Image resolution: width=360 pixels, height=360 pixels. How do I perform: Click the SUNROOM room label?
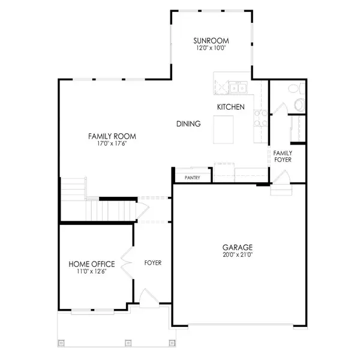point(211,41)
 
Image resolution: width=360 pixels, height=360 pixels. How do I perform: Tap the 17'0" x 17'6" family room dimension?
point(112,144)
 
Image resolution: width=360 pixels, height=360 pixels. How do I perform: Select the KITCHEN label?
point(231,107)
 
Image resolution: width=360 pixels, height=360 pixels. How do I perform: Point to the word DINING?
point(188,124)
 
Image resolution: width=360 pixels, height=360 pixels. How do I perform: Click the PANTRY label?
point(193,178)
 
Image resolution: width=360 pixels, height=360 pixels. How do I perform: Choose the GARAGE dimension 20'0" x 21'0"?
point(238,254)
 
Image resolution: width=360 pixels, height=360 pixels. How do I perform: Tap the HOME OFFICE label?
point(92,264)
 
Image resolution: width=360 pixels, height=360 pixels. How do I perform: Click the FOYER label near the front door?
point(153,263)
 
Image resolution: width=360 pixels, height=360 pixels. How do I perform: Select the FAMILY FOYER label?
point(283,157)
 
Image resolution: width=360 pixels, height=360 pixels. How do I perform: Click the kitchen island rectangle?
point(223,130)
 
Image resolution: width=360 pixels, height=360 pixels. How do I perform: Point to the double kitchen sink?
point(238,88)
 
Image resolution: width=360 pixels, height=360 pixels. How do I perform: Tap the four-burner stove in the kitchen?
point(261,118)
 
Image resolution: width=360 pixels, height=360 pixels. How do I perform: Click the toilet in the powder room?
point(299,104)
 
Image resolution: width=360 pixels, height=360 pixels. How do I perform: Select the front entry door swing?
point(149,298)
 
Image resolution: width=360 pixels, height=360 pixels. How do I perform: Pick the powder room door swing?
point(280,108)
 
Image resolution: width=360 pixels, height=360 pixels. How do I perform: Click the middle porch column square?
point(128,343)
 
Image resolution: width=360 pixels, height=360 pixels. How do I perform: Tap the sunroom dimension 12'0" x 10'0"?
point(211,48)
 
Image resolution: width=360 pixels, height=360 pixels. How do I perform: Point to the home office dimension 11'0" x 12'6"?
point(92,272)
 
